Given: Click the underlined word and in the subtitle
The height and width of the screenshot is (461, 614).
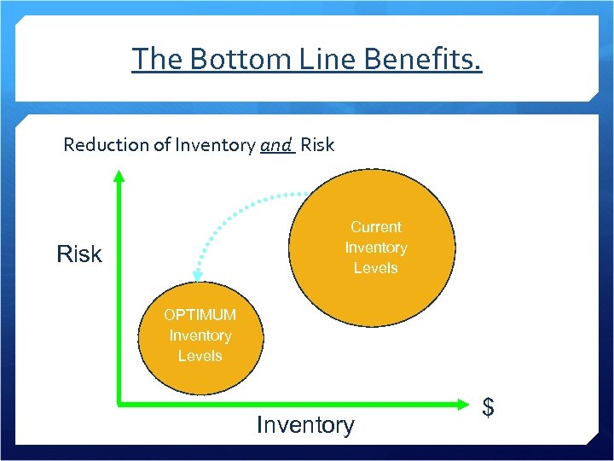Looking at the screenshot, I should tap(276, 145).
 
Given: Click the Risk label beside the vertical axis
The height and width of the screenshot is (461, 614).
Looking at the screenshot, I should tap(78, 254).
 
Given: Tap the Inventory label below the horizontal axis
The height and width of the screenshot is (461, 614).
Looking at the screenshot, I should tap(305, 425).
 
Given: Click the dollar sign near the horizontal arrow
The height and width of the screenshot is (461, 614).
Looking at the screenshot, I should tap(489, 408).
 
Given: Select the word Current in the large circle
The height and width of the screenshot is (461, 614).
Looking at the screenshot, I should tap(375, 227).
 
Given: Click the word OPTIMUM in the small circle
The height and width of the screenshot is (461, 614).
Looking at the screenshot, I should tap(200, 315).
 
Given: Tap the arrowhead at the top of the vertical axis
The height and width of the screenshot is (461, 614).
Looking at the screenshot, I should tap(119, 176).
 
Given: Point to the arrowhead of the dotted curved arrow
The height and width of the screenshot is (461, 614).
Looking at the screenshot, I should tap(198, 275).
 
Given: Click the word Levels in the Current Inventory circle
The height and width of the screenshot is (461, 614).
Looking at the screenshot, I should tap(375, 268).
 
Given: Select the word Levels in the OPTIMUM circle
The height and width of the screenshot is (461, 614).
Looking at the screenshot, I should tap(200, 356).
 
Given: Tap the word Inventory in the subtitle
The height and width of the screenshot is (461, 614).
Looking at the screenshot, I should tap(213, 145).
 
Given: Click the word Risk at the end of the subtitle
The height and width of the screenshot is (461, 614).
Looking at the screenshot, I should tap(317, 145).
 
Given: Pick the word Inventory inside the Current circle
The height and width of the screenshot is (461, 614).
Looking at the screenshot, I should tap(375, 248).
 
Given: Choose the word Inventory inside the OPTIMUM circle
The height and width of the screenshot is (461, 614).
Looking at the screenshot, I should tap(200, 336).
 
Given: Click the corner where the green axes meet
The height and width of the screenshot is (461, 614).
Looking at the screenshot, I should tap(119, 400).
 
